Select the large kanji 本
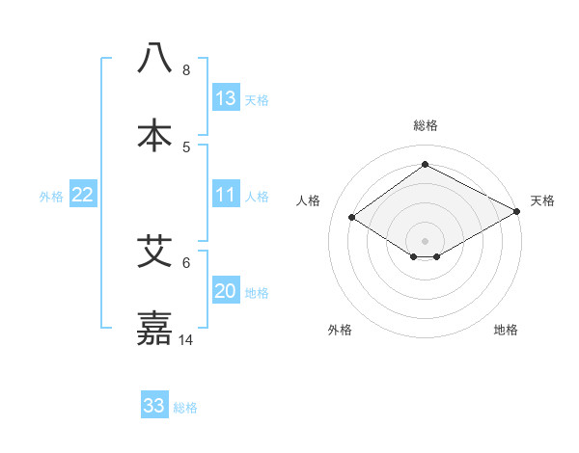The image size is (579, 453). pyautogui.click(x=155, y=135)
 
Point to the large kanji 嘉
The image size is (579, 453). pyautogui.click(x=155, y=329)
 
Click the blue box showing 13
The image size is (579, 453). pyautogui.click(x=226, y=98)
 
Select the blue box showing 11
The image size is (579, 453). pyautogui.click(x=226, y=196)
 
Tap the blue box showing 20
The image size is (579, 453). pyautogui.click(x=226, y=292)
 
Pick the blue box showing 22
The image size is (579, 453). pyautogui.click(x=83, y=196)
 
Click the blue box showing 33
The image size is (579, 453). pyautogui.click(x=154, y=406)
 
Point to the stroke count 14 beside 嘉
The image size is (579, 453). pyautogui.click(x=186, y=340)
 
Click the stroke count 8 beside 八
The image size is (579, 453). pyautogui.click(x=186, y=70)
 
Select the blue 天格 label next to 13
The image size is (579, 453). pyautogui.click(x=257, y=100)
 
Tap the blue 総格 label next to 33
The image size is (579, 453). pyautogui.click(x=185, y=408)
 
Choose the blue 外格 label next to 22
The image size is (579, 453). pyautogui.click(x=51, y=197)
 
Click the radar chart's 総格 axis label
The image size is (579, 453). pyautogui.click(x=426, y=125)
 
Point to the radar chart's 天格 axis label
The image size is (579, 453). pyautogui.click(x=542, y=200)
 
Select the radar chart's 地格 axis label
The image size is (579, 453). pyautogui.click(x=506, y=330)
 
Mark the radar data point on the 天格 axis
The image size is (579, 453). pyautogui.click(x=518, y=212)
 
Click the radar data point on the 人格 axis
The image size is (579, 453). pyautogui.click(x=352, y=218)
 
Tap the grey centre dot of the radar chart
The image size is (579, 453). pyautogui.click(x=426, y=240)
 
